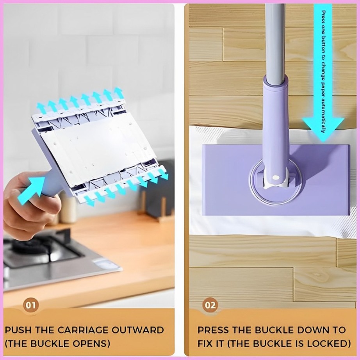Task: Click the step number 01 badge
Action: [x=30, y=305]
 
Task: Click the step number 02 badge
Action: [x=210, y=305]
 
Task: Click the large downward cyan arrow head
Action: [x=323, y=127]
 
